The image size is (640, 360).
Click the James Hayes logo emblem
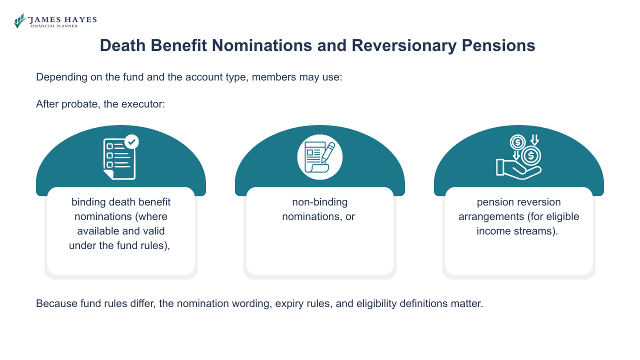20,20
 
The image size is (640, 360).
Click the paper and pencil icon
320,157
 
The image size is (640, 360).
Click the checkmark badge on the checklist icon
131,142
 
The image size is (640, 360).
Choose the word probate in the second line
80,104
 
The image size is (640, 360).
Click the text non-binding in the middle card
319,202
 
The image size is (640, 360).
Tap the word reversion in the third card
539,202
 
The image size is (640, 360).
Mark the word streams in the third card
540,231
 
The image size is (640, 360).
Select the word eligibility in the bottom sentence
375,303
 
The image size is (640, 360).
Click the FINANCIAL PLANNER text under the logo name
53,26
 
